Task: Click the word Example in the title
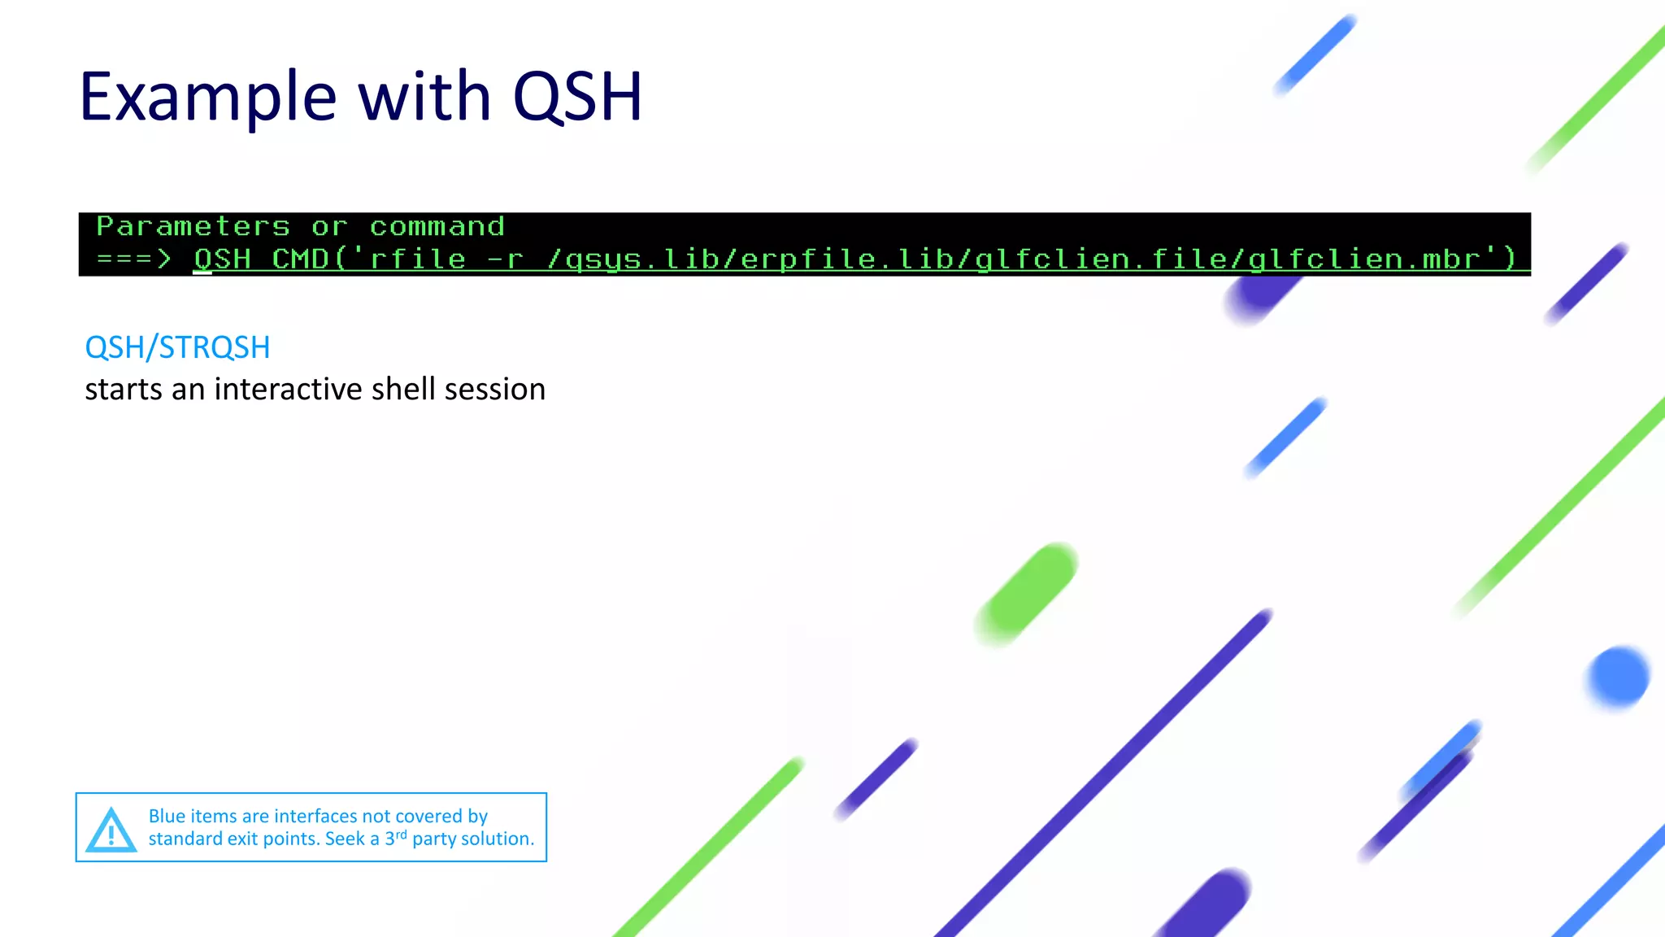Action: tap(207, 98)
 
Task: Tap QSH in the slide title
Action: tap(577, 98)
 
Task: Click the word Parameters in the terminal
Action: tap(193, 226)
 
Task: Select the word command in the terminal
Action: tap(437, 226)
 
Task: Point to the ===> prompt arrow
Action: tap(133, 259)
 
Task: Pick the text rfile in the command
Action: tap(418, 259)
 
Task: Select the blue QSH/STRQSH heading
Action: tap(177, 347)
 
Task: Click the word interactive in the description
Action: tap(288, 390)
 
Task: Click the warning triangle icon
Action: tap(111, 830)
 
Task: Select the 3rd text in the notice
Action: tap(395, 838)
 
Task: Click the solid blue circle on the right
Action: tap(1618, 677)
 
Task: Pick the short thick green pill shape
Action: tap(1028, 594)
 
